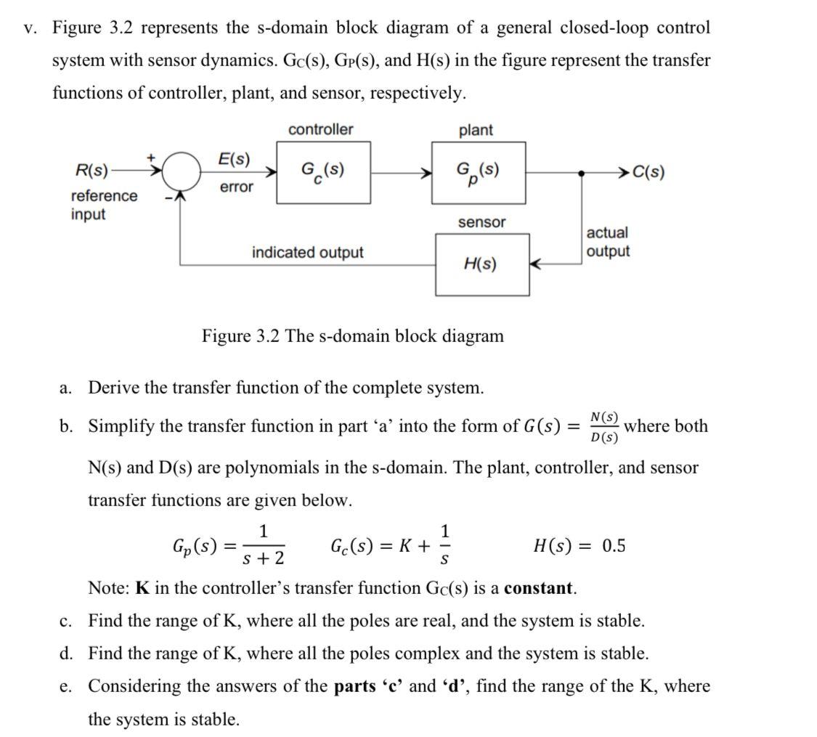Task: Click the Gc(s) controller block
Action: [x=323, y=172]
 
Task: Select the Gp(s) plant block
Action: [x=478, y=173]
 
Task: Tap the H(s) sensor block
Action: [x=481, y=264]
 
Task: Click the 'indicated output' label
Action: [x=307, y=253]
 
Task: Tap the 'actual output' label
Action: [x=608, y=242]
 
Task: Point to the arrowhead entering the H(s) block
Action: [x=535, y=264]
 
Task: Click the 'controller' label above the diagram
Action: [x=320, y=129]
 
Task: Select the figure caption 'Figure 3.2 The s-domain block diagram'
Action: [x=352, y=336]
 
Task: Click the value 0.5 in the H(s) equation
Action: [x=613, y=546]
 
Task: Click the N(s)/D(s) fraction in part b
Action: [x=604, y=427]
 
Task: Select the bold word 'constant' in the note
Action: [x=539, y=588]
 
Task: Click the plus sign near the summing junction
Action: [x=152, y=156]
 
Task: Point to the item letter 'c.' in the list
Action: [x=65, y=622]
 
